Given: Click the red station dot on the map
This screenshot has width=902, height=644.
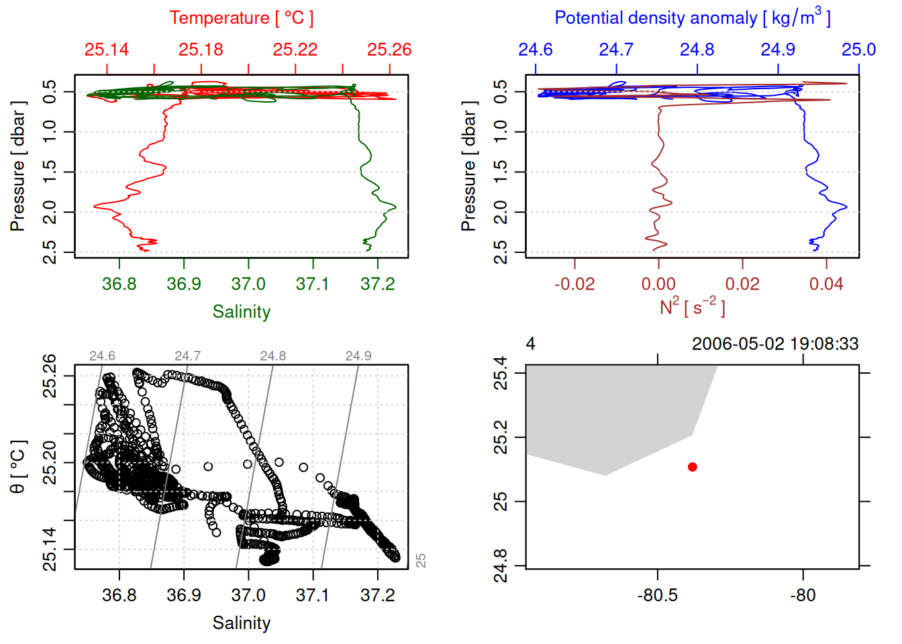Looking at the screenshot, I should (x=692, y=467).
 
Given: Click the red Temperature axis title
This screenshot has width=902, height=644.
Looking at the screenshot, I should (x=241, y=18).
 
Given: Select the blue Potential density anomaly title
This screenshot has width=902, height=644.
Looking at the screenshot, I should (x=692, y=18).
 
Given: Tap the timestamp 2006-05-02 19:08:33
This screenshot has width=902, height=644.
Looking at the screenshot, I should (x=774, y=344).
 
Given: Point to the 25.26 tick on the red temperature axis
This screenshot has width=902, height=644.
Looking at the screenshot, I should (x=389, y=50).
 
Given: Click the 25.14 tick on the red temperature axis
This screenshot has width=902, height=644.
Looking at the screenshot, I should (x=107, y=50).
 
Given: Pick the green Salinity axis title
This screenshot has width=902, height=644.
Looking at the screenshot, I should (x=241, y=312).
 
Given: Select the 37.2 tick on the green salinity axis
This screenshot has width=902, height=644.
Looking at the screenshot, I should (x=378, y=284).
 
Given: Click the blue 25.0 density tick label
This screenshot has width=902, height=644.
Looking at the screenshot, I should (x=858, y=50).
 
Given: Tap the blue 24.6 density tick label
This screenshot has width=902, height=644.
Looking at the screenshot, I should (x=536, y=50).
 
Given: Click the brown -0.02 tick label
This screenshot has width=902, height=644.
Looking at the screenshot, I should (x=574, y=284).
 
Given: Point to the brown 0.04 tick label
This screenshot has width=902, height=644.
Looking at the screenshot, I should (x=826, y=284).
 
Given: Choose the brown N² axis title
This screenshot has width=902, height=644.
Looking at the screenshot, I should (x=692, y=307).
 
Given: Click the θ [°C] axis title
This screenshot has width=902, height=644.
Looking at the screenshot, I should (x=18, y=467).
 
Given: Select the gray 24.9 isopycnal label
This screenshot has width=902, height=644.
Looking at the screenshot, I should (x=358, y=356).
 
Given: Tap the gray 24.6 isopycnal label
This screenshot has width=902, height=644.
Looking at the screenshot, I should (x=102, y=356).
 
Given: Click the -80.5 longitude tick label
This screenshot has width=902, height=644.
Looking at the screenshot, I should (x=657, y=596).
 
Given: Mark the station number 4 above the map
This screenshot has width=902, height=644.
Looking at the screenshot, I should (x=530, y=344).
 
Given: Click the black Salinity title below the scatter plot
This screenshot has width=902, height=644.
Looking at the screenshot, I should (x=241, y=623).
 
